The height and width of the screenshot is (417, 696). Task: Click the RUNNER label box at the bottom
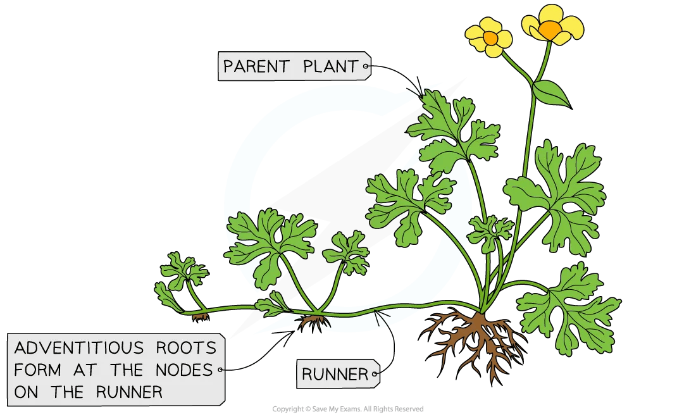tap(336, 375)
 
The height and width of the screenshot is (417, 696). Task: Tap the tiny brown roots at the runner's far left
tap(201, 316)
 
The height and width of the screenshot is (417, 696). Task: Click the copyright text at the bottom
tap(347, 409)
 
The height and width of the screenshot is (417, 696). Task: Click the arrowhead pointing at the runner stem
tap(378, 311)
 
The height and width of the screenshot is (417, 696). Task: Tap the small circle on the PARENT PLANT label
tap(366, 65)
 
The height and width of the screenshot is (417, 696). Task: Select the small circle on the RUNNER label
tap(375, 375)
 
